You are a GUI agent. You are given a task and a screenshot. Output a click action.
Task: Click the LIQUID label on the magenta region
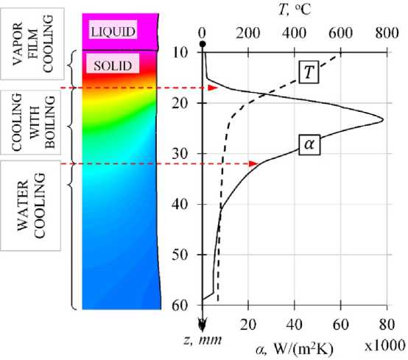coord(113,31)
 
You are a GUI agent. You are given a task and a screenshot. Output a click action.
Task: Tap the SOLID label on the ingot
coord(113,65)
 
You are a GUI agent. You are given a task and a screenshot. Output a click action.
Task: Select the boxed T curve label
coord(309,72)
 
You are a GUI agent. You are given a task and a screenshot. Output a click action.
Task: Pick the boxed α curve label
coord(309,144)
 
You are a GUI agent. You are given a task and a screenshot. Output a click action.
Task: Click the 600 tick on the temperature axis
coord(340,33)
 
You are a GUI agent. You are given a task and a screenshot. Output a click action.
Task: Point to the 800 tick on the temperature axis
coord(387,33)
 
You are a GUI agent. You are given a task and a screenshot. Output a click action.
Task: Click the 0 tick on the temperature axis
coord(203,33)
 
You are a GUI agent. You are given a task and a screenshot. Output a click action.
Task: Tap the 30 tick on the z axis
coord(180,154)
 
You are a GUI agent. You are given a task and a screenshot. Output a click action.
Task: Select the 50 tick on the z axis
coord(180,255)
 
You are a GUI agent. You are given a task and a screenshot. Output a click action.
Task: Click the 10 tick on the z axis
coord(180,53)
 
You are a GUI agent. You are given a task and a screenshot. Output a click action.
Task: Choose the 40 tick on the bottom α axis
coord(295,325)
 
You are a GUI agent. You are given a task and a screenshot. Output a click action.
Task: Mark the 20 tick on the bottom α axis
coord(248,325)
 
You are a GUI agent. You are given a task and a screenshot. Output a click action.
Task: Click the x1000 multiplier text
coord(384,346)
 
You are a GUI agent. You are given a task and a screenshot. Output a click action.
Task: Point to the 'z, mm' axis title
coord(203,339)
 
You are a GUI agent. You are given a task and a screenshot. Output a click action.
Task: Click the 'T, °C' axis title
coord(295,10)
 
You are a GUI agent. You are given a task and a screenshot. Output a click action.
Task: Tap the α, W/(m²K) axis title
coord(295,350)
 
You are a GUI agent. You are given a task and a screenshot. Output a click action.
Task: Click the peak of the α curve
coord(383,120)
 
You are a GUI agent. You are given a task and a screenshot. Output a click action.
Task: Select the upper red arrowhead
coord(213,88)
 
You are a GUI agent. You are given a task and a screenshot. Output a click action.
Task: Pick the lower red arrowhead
coord(253,163)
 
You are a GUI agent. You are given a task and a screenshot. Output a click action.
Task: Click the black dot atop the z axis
coord(203,44)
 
